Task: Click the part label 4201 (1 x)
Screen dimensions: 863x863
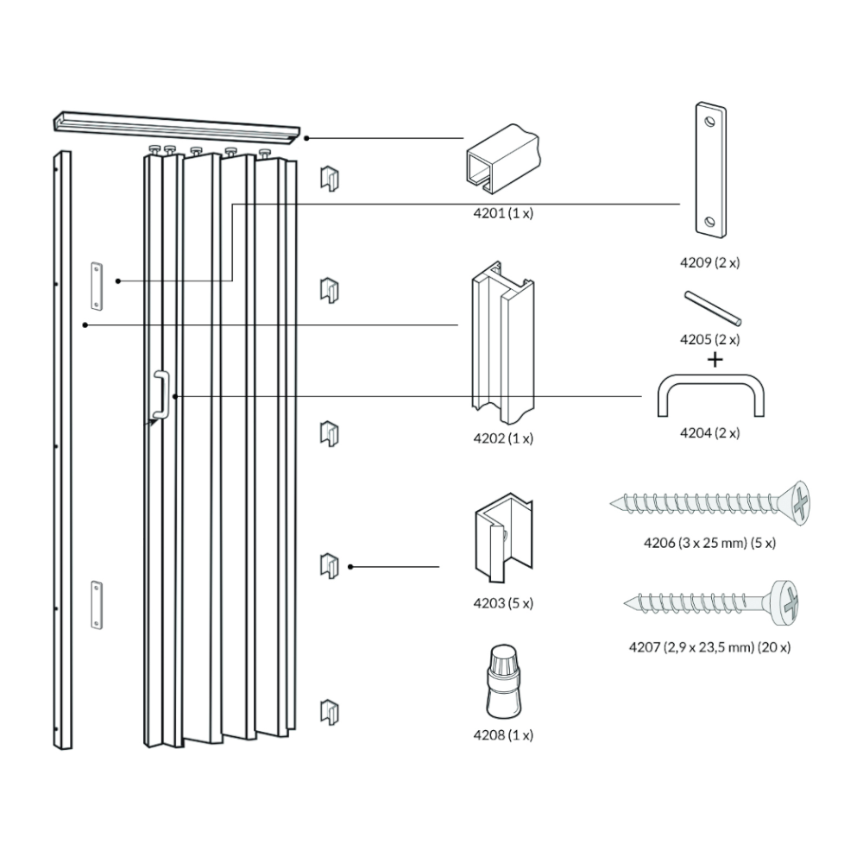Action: [503, 212]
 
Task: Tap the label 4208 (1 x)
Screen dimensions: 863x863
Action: [503, 735]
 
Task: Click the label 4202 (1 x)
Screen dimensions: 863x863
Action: [503, 438]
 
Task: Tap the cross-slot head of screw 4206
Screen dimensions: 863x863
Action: [800, 503]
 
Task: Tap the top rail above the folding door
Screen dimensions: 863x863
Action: [177, 126]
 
